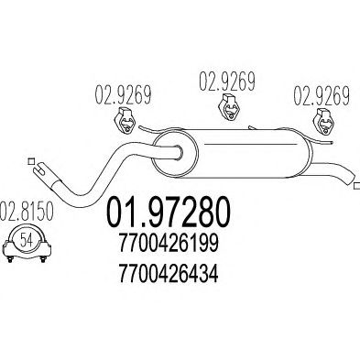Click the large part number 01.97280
168,213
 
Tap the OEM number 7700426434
169,273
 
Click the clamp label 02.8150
27,211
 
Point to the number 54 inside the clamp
27,240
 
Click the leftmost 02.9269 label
124,94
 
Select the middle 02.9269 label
227,81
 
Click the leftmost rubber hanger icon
125,120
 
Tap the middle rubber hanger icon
229,107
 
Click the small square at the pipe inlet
30,161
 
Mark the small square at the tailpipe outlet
356,186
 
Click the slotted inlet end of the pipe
43,170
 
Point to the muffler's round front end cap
175,154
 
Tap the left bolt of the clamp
10,258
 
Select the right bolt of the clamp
43,258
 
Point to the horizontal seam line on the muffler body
250,144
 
